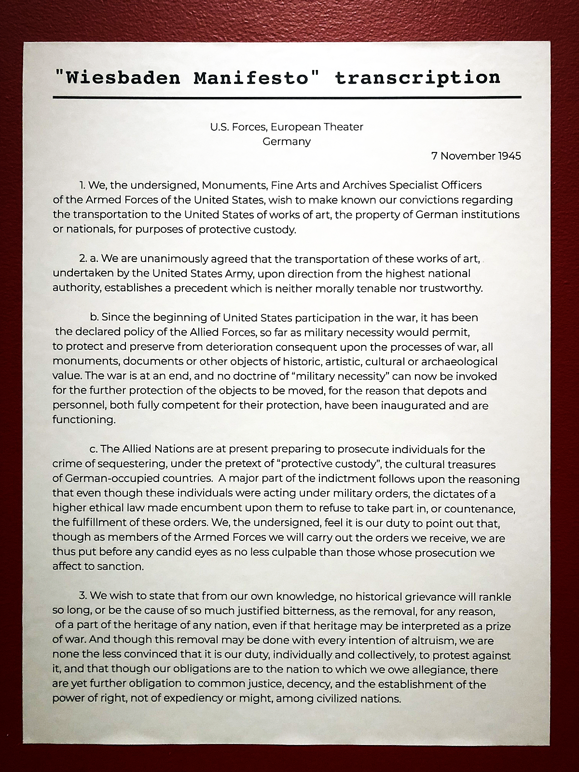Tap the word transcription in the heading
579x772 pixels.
[417, 78]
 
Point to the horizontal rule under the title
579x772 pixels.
[287, 97]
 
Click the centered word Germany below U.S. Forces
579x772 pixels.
[287, 141]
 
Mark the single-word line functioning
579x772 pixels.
[84, 420]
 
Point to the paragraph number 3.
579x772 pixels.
[83, 596]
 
